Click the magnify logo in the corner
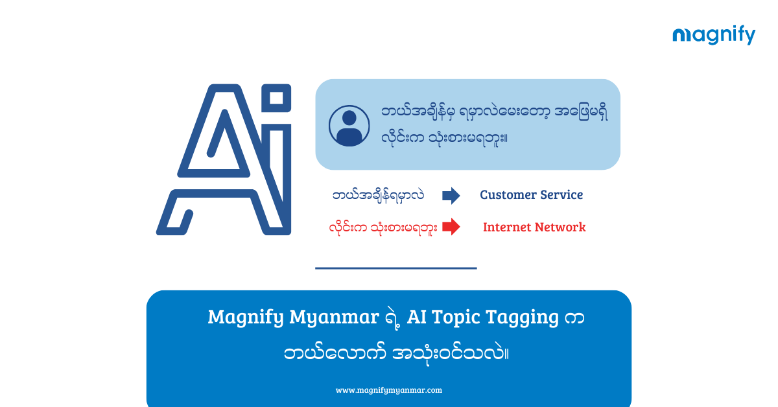click(x=714, y=35)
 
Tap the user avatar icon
click(x=349, y=126)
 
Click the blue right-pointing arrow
click(x=451, y=196)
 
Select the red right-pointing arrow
click(x=451, y=227)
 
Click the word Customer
click(x=508, y=195)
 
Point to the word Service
click(x=561, y=195)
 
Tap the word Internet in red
click(x=507, y=227)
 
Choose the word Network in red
click(x=560, y=227)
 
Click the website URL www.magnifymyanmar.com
click(x=388, y=390)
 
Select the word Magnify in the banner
click(x=246, y=318)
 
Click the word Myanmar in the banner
click(x=334, y=318)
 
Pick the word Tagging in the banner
click(x=522, y=318)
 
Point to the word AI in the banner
click(x=416, y=317)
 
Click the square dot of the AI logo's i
click(x=276, y=98)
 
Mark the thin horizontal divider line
click(x=396, y=268)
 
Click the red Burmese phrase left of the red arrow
click(x=383, y=228)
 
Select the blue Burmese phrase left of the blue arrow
click(x=378, y=196)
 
